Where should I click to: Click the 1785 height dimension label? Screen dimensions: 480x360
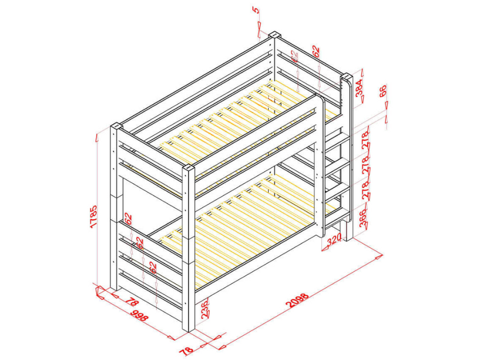pos(93,217)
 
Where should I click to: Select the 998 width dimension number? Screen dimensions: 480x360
pos(139,315)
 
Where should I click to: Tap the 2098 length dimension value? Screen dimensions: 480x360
pos(297,300)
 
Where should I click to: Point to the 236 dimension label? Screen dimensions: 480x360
pos(205,309)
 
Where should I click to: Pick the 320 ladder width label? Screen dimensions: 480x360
pos(334,239)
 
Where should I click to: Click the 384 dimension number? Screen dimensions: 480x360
pos(359,88)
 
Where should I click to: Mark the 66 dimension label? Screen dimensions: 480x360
pos(383,91)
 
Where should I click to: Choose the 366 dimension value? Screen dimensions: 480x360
pos(363,218)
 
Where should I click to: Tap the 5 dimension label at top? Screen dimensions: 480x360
pos(256,10)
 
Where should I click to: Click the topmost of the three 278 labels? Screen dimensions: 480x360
pos(366,141)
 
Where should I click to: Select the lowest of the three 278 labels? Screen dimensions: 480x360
pos(366,191)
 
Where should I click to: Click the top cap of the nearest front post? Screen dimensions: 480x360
pos(189,168)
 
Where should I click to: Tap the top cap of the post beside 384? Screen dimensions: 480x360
pos(346,75)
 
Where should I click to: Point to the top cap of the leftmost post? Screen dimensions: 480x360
pos(116,126)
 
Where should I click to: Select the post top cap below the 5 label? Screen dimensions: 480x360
pos(275,34)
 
